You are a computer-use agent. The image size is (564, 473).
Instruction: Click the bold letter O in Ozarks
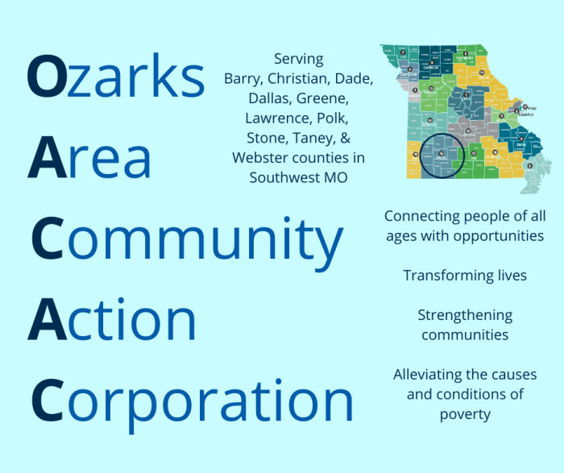pyautogui.click(x=45, y=77)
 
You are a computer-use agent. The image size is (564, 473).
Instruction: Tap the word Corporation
pyautogui.click(x=192, y=402)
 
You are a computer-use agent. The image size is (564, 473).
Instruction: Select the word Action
pyautogui.click(x=112, y=320)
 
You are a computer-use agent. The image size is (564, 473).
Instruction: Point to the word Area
pyautogui.click(x=89, y=158)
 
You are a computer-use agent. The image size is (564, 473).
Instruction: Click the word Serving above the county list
pyautogui.click(x=299, y=60)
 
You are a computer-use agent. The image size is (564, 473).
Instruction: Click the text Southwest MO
pyautogui.click(x=299, y=177)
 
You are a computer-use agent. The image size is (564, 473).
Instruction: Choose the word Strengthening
pyautogui.click(x=465, y=315)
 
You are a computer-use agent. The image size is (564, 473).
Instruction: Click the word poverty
pyautogui.click(x=465, y=414)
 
